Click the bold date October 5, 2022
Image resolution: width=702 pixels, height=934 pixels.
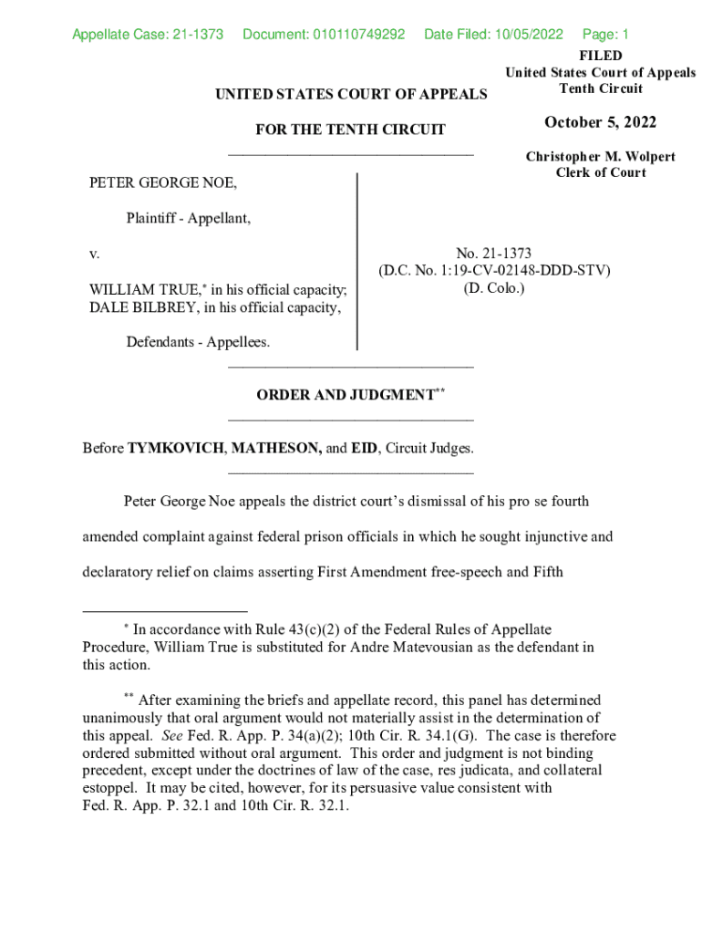click(x=600, y=123)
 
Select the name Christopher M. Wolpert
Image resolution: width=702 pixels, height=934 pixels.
click(x=600, y=157)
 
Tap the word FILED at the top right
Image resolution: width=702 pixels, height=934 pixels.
click(x=600, y=57)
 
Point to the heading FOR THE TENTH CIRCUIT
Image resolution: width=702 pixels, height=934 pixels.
click(x=350, y=130)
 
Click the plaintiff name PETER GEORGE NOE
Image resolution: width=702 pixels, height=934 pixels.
click(x=162, y=183)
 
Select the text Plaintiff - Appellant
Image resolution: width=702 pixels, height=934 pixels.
click(x=188, y=218)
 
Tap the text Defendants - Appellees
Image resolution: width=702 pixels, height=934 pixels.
click(x=198, y=342)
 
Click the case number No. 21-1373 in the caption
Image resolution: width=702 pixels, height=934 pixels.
click(x=494, y=253)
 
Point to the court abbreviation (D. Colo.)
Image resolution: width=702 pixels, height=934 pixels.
click(x=494, y=288)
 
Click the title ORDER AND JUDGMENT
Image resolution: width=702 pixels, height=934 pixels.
click(x=346, y=395)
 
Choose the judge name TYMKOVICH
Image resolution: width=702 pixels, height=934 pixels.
click(x=176, y=449)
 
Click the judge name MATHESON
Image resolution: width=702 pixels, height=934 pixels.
click(x=276, y=449)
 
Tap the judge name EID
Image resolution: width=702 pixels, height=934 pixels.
click(x=364, y=449)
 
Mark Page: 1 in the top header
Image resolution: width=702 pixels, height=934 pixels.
click(x=605, y=35)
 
